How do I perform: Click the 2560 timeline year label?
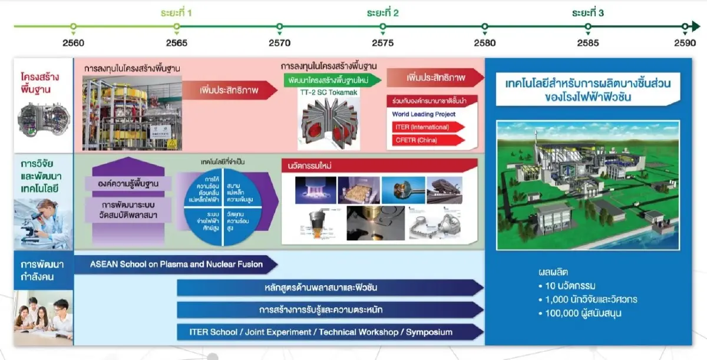pyautogui.click(x=73, y=43)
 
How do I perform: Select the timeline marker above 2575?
pyautogui.click(x=382, y=27)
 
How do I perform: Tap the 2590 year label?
pyautogui.click(x=685, y=43)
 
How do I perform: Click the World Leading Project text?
pyautogui.click(x=424, y=114)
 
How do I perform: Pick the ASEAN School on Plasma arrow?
pyautogui.click(x=177, y=265)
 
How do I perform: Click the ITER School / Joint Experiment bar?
pyautogui.click(x=330, y=332)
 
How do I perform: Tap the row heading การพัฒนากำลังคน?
pyautogui.click(x=37, y=270)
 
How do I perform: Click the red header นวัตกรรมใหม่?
pyautogui.click(x=377, y=166)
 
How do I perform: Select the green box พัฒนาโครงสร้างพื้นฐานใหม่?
pyautogui.click(x=330, y=80)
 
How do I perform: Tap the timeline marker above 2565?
pyautogui.click(x=176, y=27)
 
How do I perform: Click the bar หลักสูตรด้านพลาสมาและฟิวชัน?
pyautogui.click(x=330, y=288)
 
